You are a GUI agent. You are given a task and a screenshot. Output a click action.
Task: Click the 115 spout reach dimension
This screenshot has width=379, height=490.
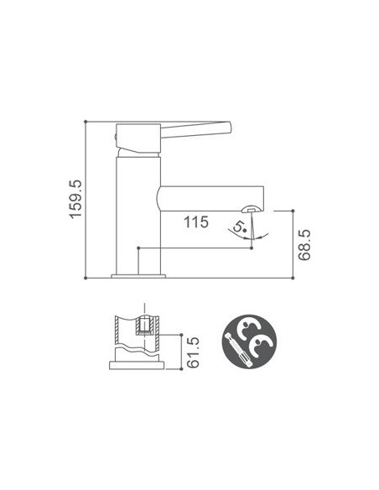[197, 222]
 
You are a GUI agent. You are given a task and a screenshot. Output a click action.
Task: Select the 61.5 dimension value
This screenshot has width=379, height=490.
[194, 352]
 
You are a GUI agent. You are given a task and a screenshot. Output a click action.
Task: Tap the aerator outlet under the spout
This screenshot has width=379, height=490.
[250, 207]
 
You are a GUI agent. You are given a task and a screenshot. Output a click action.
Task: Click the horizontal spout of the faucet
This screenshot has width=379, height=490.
[210, 198]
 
